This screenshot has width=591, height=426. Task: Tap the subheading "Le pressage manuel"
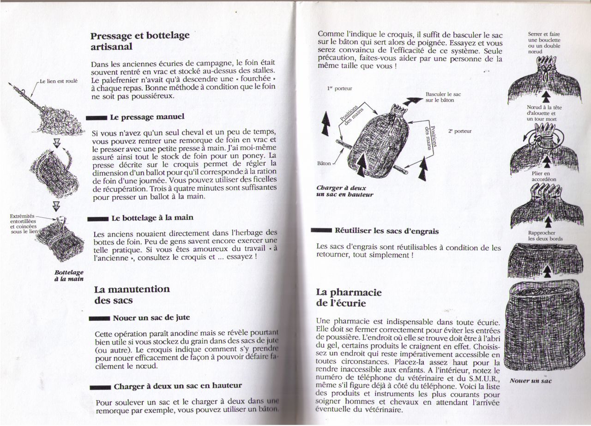pyautogui.click(x=146, y=117)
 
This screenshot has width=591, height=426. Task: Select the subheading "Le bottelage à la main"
pyautogui.click(x=152, y=217)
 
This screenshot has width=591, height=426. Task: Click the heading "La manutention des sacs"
pyautogui.click(x=132, y=294)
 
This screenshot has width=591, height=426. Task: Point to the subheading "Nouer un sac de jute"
pyautogui.click(x=151, y=318)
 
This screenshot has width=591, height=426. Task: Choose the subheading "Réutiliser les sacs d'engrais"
pyautogui.click(x=386, y=231)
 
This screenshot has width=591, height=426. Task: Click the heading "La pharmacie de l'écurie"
pyautogui.click(x=349, y=297)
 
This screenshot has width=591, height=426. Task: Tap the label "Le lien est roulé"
pyautogui.click(x=59, y=81)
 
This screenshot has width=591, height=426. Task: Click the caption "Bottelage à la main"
pyautogui.click(x=68, y=276)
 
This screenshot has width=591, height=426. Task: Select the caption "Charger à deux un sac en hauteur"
pyautogui.click(x=344, y=191)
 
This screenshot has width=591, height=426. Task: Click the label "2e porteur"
pyautogui.click(x=459, y=131)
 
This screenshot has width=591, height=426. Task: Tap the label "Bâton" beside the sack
pyautogui.click(x=325, y=163)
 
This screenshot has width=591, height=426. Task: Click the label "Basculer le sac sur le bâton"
pyautogui.click(x=443, y=97)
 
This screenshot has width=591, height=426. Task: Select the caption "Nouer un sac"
pyautogui.click(x=531, y=381)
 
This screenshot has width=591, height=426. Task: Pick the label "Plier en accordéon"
pyautogui.click(x=544, y=176)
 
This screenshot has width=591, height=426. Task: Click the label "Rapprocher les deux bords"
pyautogui.click(x=545, y=236)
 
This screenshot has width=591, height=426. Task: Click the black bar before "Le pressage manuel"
pyautogui.click(x=99, y=118)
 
